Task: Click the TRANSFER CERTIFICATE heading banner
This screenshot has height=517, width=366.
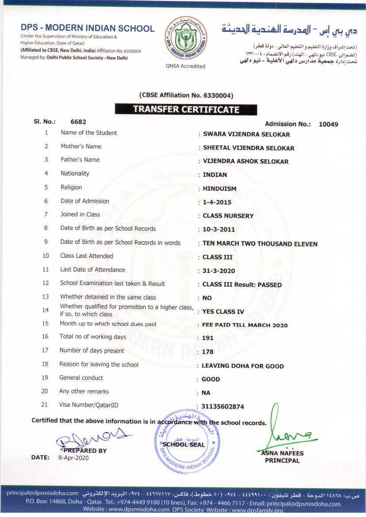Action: (x=186, y=109)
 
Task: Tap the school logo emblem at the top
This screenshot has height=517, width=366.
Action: (x=185, y=39)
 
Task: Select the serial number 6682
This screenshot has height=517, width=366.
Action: (x=78, y=122)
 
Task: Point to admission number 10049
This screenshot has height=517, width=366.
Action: (x=328, y=124)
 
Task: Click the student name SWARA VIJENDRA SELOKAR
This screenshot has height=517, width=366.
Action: (x=246, y=134)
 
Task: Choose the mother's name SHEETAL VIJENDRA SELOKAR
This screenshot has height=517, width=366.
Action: (x=248, y=148)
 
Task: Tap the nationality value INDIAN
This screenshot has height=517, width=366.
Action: (x=215, y=175)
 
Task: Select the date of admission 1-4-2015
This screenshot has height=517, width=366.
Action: (x=217, y=202)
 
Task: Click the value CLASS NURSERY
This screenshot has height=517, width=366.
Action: (x=228, y=216)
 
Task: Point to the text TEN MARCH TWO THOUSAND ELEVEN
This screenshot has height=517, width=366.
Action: (x=260, y=244)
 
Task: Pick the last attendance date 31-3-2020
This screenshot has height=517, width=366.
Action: (x=219, y=271)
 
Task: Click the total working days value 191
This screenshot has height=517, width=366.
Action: (x=208, y=338)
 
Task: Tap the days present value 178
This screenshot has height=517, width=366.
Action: (x=208, y=352)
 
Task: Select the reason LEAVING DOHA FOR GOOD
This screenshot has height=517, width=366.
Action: (x=243, y=366)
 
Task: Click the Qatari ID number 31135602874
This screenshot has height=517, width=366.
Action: (x=223, y=406)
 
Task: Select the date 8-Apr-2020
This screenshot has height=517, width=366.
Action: (x=73, y=458)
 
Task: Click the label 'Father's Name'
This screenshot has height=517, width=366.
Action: (x=80, y=160)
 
